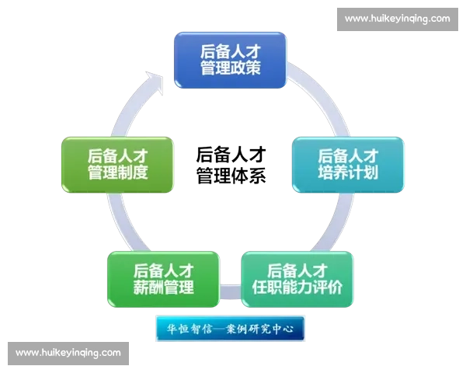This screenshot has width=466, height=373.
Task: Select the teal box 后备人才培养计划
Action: tap(348, 164)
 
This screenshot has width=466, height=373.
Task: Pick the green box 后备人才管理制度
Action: tap(117, 164)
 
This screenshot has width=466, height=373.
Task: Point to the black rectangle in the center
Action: tap(229, 164)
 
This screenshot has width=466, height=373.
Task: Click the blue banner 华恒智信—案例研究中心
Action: tap(230, 328)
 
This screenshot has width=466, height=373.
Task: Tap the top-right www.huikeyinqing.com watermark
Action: tap(397, 18)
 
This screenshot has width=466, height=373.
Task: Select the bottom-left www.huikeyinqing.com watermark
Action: tap(68, 353)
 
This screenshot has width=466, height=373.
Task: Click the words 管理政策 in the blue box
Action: tap(230, 68)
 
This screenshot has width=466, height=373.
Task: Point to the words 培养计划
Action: tap(349, 173)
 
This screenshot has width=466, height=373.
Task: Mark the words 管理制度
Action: tap(118, 173)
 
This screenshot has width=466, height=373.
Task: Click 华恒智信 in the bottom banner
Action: tap(186, 328)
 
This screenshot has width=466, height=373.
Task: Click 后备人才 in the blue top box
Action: tap(230, 51)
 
